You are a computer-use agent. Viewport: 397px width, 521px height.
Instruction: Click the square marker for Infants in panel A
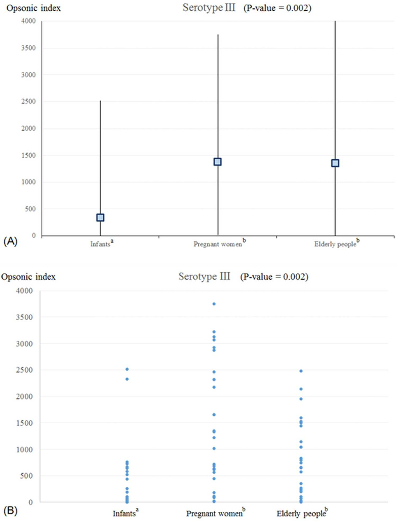point(100,218)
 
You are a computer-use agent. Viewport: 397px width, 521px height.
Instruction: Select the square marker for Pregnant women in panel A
point(218,162)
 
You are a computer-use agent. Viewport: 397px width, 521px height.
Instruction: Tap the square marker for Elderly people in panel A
point(335,163)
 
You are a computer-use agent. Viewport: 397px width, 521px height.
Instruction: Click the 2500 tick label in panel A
point(28,101)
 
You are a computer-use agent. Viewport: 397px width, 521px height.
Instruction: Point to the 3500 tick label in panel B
point(24,317)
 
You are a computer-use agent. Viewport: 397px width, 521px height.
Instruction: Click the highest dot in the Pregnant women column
point(214,304)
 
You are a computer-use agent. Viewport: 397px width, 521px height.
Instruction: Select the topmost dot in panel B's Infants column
point(127,369)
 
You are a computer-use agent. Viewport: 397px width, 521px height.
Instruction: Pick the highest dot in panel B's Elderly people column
point(301,371)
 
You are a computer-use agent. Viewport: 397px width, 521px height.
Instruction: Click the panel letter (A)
point(10,241)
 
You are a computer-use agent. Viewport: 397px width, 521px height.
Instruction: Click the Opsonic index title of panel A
point(34,8)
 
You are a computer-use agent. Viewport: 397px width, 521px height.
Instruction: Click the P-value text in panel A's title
point(277,8)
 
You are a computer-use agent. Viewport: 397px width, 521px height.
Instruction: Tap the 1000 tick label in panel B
point(24,450)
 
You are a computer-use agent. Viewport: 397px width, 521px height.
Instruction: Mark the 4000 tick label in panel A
point(28,21)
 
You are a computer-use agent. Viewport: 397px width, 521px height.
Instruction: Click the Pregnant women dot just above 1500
point(214,415)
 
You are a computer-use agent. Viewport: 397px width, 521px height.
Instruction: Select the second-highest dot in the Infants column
point(127,379)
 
